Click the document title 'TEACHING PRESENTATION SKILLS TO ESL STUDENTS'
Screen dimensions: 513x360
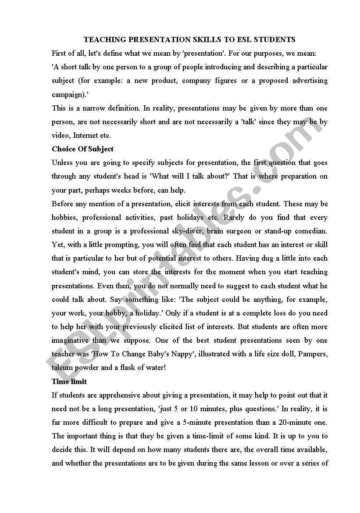[189, 40]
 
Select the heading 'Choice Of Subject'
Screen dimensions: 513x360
[82, 149]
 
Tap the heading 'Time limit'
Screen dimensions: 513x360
[69, 381]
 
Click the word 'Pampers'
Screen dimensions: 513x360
[314, 354]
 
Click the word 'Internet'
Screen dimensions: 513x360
[86, 135]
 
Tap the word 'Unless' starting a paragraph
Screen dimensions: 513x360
[62, 162]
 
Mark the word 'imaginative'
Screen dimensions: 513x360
[71, 340]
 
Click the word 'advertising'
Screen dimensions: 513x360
[310, 81]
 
